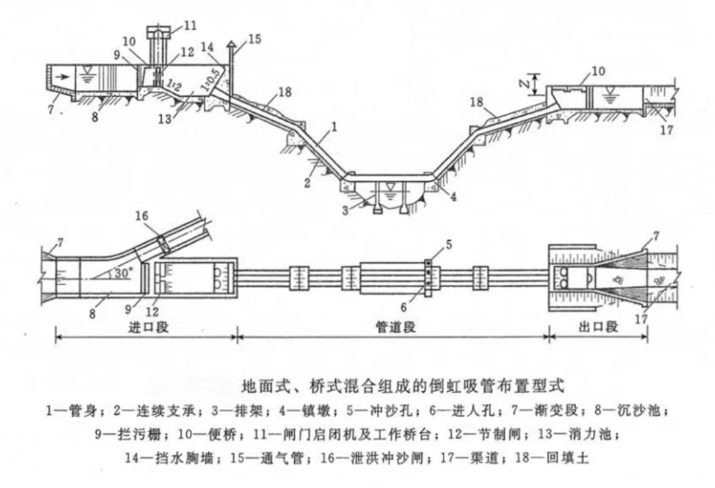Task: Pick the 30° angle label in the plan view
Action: tap(121, 273)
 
